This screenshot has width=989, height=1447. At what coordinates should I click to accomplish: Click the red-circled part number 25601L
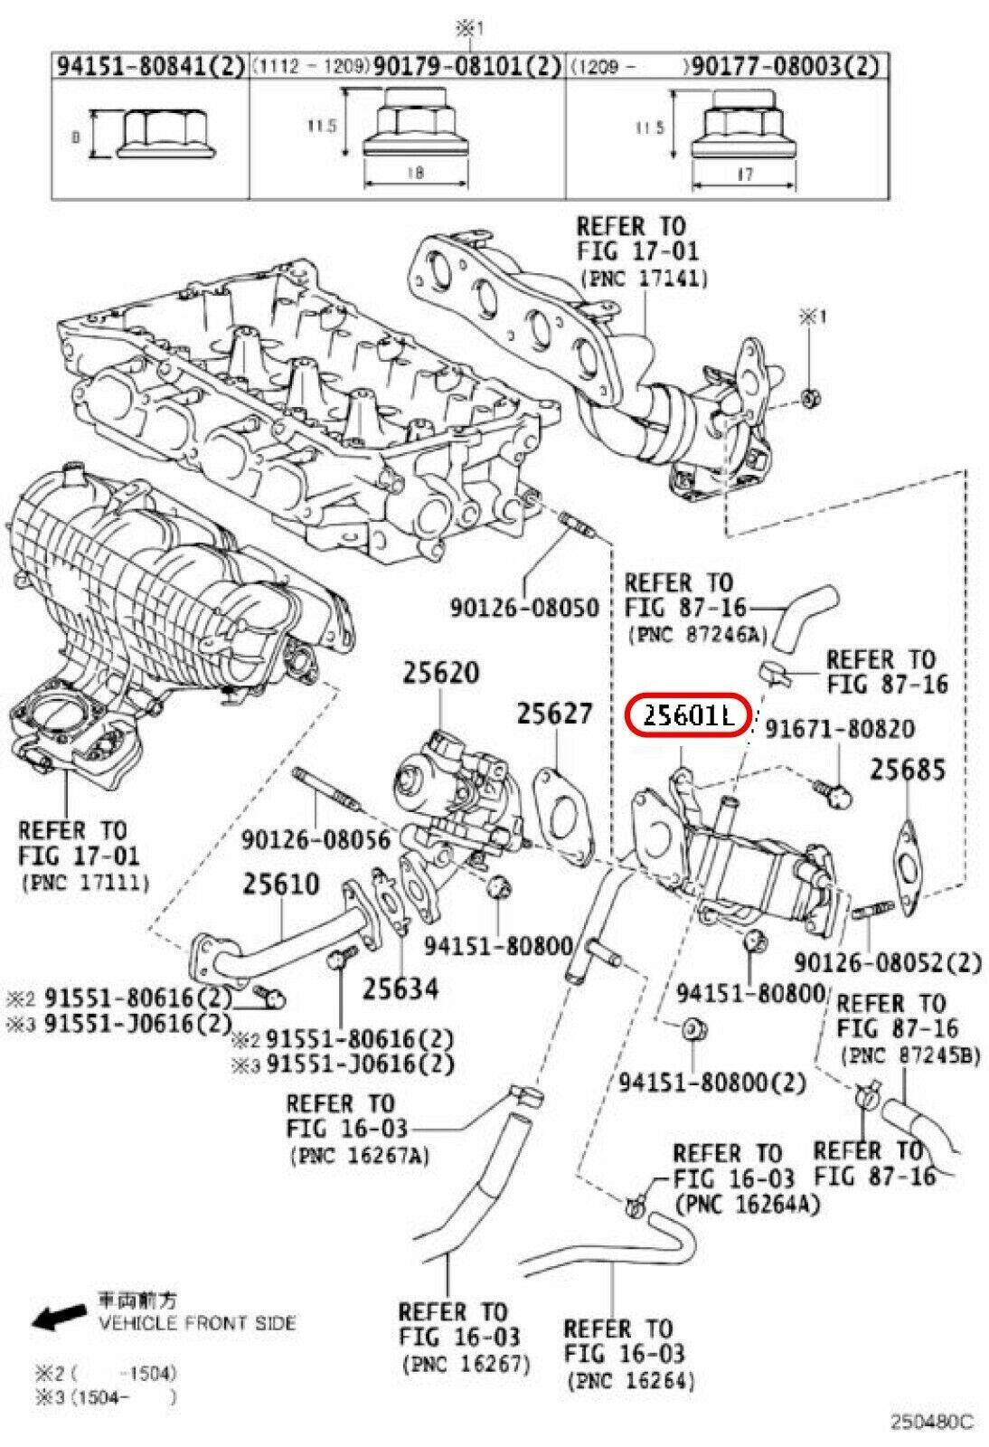click(688, 717)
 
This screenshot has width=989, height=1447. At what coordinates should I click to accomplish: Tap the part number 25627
click(554, 714)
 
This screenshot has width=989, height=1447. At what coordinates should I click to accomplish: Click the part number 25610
click(280, 884)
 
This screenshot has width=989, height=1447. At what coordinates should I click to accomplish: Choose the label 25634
click(400, 988)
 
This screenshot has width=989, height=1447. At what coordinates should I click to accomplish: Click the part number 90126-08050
click(524, 607)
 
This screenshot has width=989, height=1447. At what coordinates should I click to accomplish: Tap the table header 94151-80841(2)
click(150, 66)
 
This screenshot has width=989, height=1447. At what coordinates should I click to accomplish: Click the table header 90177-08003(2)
click(784, 66)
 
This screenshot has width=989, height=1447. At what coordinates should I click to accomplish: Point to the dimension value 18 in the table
click(414, 173)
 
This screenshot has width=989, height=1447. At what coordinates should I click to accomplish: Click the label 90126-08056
click(316, 840)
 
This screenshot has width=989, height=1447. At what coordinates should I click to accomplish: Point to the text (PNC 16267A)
click(359, 1155)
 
